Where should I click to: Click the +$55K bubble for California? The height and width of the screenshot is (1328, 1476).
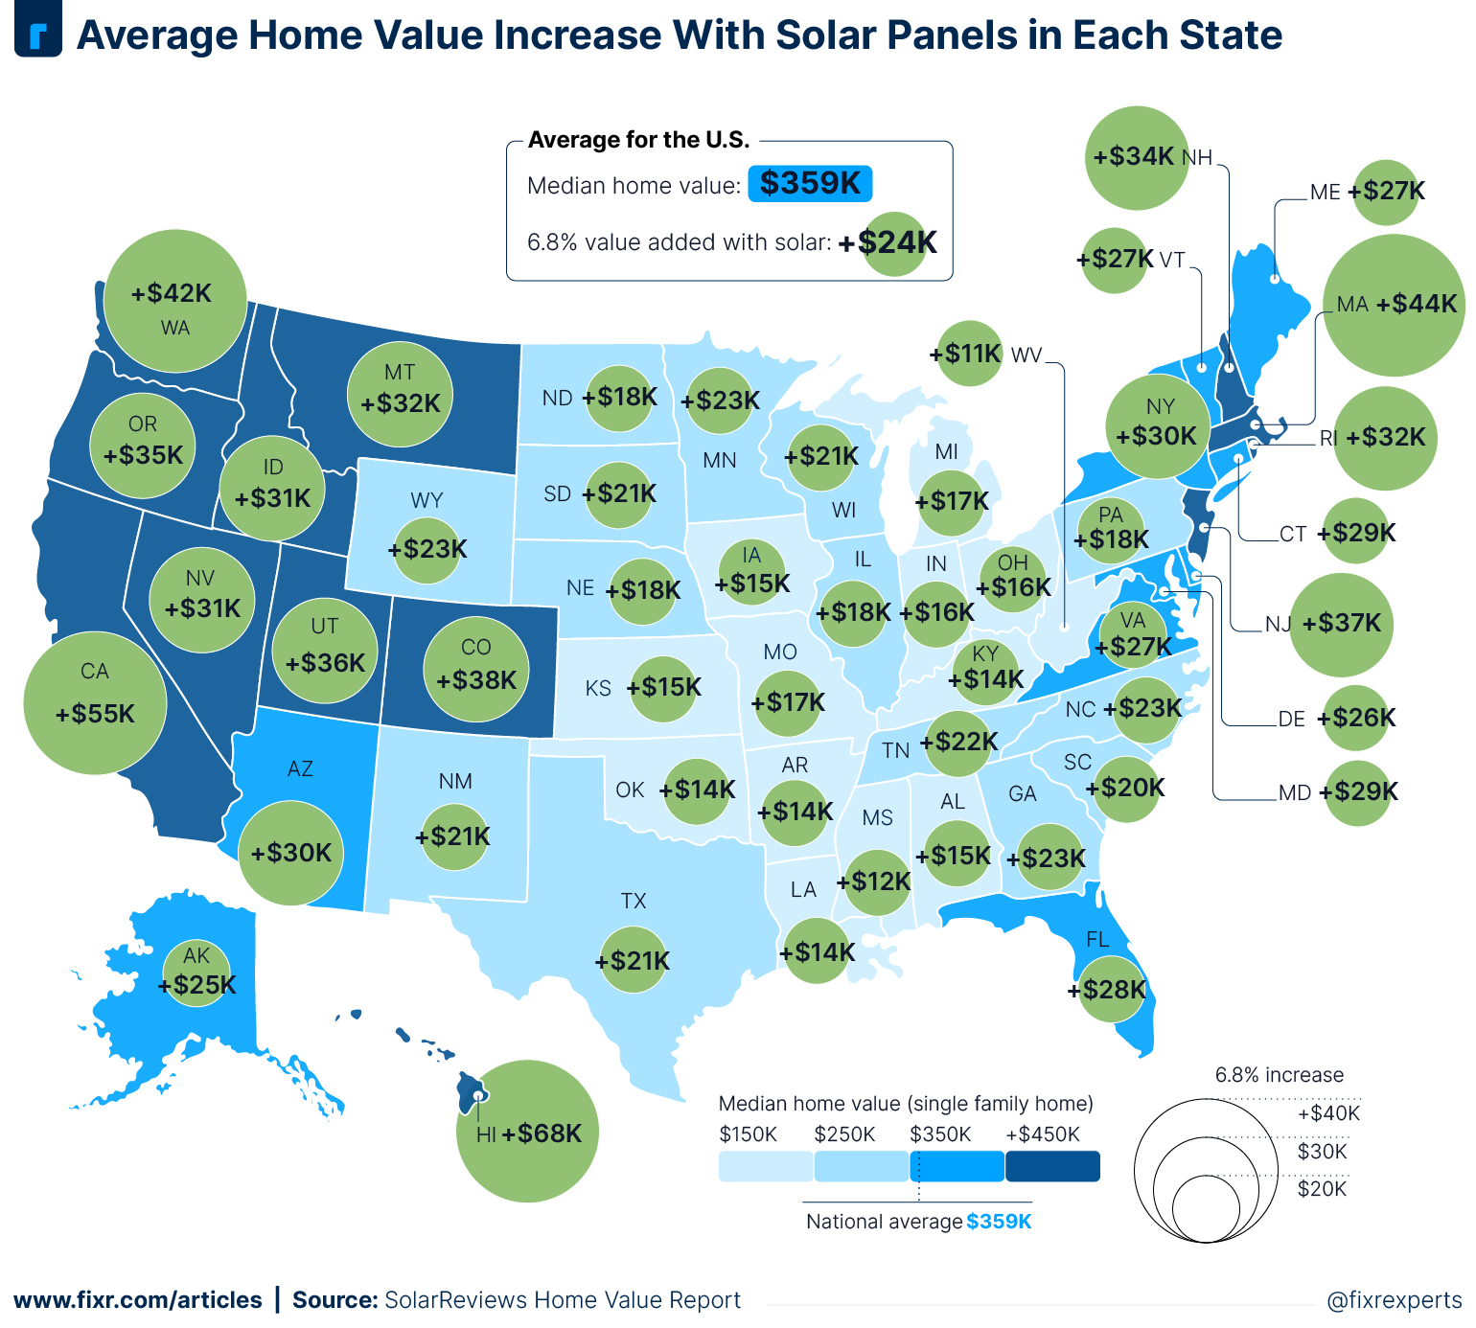(95, 702)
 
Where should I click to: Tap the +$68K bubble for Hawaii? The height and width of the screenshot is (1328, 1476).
(526, 1132)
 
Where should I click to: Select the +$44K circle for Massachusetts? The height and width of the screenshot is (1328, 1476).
(1394, 305)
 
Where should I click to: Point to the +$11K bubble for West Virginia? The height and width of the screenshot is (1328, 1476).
(969, 354)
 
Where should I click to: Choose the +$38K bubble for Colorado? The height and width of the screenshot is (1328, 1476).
(476, 670)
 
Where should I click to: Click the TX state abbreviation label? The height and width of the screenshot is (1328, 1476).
(634, 901)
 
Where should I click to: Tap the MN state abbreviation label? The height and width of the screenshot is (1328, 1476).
(719, 460)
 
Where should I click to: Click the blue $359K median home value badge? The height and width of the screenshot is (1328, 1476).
(810, 183)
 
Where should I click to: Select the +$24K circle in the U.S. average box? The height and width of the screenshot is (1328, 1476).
(894, 243)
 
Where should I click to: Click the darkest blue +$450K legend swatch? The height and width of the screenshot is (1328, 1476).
(1052, 1166)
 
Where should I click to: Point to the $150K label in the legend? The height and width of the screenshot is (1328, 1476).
(748, 1134)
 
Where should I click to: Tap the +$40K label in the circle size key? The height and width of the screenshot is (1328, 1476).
(1328, 1113)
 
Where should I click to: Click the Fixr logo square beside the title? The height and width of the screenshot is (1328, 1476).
(38, 34)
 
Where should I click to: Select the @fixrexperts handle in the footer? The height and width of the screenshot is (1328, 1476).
(1394, 1300)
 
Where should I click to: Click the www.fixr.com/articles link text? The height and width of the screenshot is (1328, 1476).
(137, 1300)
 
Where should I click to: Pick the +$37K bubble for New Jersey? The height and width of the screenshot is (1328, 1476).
(1341, 625)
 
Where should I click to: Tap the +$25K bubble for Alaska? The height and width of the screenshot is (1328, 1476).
(196, 973)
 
